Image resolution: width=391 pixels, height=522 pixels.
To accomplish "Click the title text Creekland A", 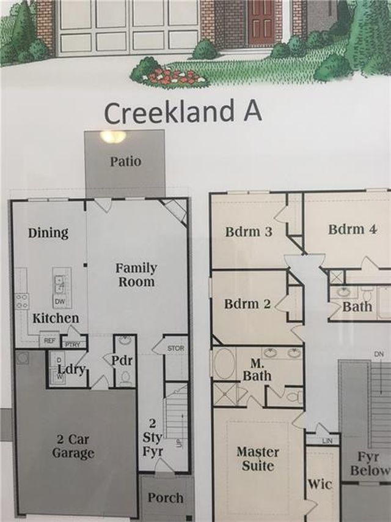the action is pyautogui.click(x=183, y=112).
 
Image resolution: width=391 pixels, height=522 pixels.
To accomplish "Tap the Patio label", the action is pyautogui.click(x=126, y=162).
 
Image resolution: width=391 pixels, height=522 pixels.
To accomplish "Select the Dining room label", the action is pyautogui.click(x=48, y=233).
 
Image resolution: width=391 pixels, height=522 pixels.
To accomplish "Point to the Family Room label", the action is pyautogui.click(x=136, y=275).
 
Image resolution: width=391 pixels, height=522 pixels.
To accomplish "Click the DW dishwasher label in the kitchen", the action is pyautogui.click(x=60, y=302).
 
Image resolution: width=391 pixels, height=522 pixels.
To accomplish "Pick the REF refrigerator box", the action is pyautogui.click(x=49, y=340).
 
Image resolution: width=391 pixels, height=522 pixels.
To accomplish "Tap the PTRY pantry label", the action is pyautogui.click(x=73, y=345).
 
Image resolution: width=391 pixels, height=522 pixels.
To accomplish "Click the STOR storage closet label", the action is pyautogui.click(x=175, y=349).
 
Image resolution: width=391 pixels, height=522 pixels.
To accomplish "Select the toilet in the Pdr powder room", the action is pyautogui.click(x=125, y=378).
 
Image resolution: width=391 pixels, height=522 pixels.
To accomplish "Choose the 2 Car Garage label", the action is pyautogui.click(x=73, y=447).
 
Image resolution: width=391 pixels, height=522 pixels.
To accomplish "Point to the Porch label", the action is pyautogui.click(x=166, y=498).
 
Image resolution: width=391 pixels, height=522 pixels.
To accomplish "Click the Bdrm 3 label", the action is pyautogui.click(x=249, y=232).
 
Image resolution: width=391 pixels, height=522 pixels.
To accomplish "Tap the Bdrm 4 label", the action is pyautogui.click(x=353, y=229).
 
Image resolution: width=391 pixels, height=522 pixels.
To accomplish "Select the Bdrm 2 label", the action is pyautogui.click(x=247, y=304).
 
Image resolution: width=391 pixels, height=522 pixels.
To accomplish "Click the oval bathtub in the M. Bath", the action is pyautogui.click(x=224, y=364).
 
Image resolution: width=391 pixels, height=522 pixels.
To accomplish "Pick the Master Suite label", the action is pyautogui.click(x=258, y=459).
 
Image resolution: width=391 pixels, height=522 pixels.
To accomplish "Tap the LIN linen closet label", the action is pyautogui.click(x=327, y=441).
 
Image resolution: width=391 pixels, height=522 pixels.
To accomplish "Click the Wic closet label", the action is pyautogui.click(x=320, y=484).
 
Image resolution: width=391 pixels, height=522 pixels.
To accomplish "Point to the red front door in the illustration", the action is pyautogui.click(x=261, y=23).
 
